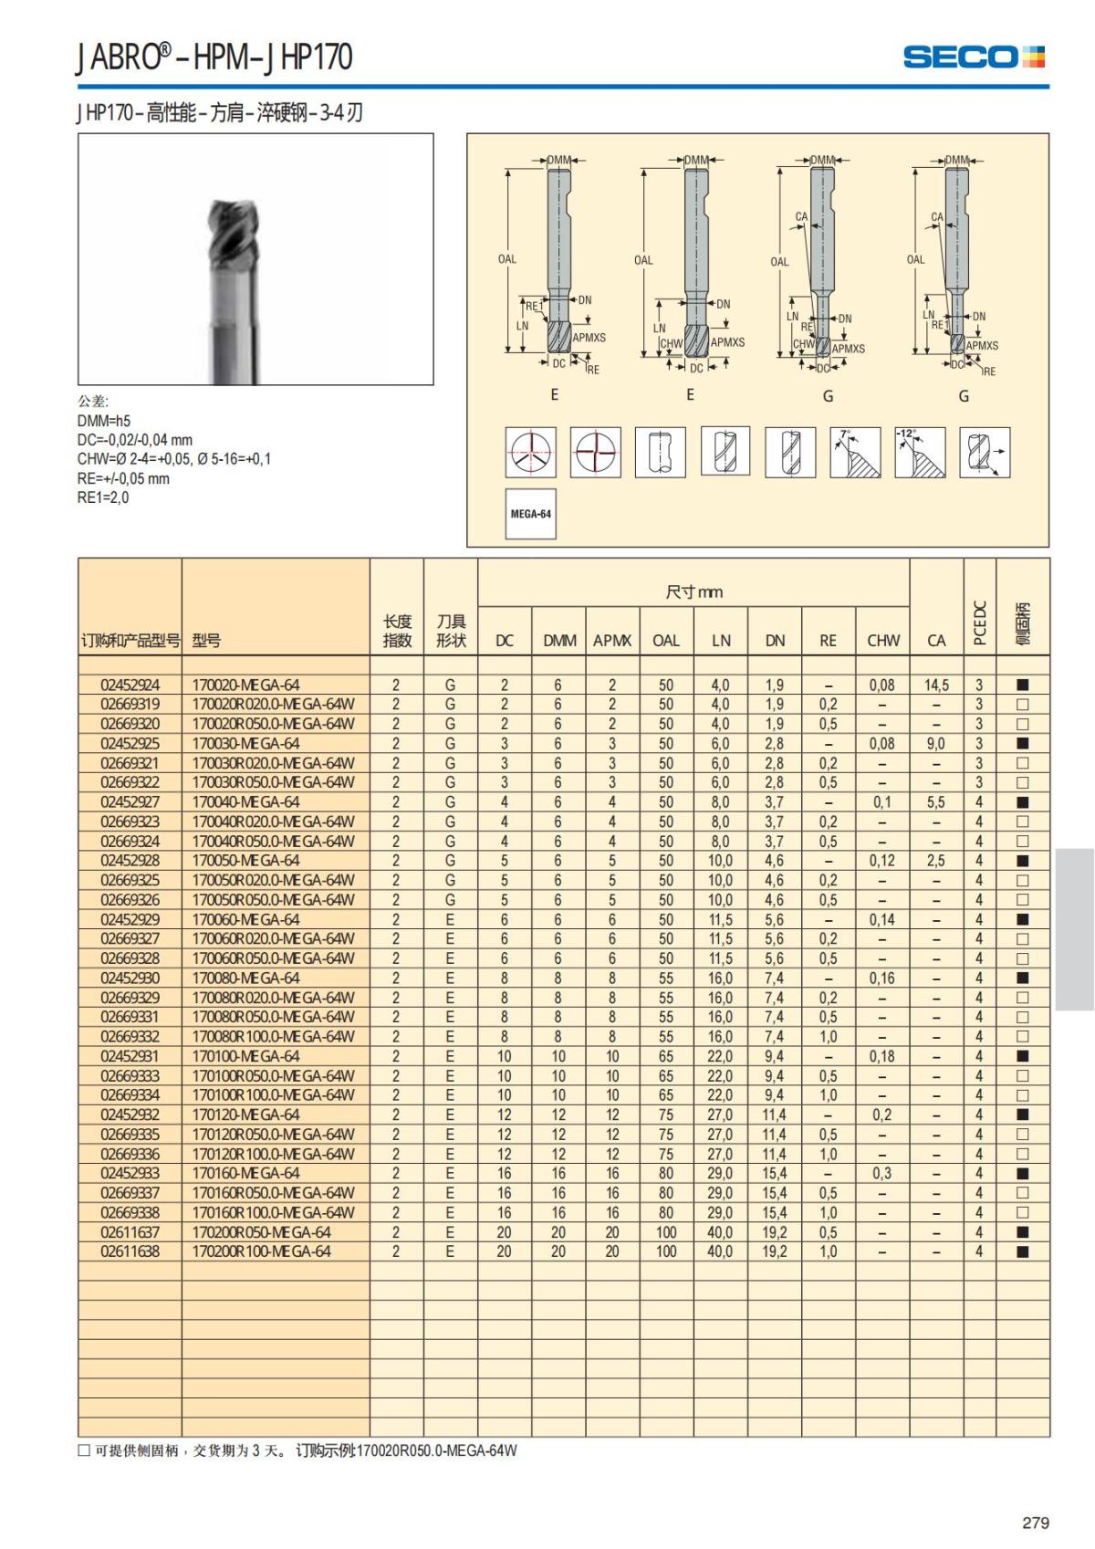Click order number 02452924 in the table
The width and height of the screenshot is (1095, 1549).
130,685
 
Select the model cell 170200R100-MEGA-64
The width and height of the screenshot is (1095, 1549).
261,1251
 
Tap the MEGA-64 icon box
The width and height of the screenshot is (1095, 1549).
530,514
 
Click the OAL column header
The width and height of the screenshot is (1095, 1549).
666,641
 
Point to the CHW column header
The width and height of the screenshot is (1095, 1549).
882,641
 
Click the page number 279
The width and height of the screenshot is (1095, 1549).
1036,1523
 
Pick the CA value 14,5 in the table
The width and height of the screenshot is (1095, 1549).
936,685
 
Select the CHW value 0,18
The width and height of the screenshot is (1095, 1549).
882,1056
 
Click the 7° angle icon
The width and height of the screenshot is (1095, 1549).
855,452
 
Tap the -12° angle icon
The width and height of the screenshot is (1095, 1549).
920,452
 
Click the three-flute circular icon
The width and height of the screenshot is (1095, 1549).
531,452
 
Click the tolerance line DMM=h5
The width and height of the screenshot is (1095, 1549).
104,421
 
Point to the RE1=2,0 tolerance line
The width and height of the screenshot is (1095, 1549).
103,497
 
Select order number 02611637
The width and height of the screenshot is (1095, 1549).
130,1232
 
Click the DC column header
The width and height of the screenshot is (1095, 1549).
505,641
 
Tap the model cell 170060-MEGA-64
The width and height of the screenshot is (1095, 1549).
245,919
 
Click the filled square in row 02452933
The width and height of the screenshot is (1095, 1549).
1023,1174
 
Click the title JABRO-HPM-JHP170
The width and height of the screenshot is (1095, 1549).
214,57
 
